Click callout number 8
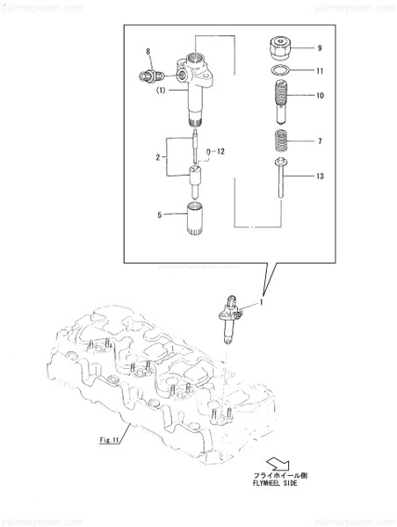tap(148, 52)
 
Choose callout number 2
tap(159, 158)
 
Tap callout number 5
tap(159, 213)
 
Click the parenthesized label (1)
tap(162, 90)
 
